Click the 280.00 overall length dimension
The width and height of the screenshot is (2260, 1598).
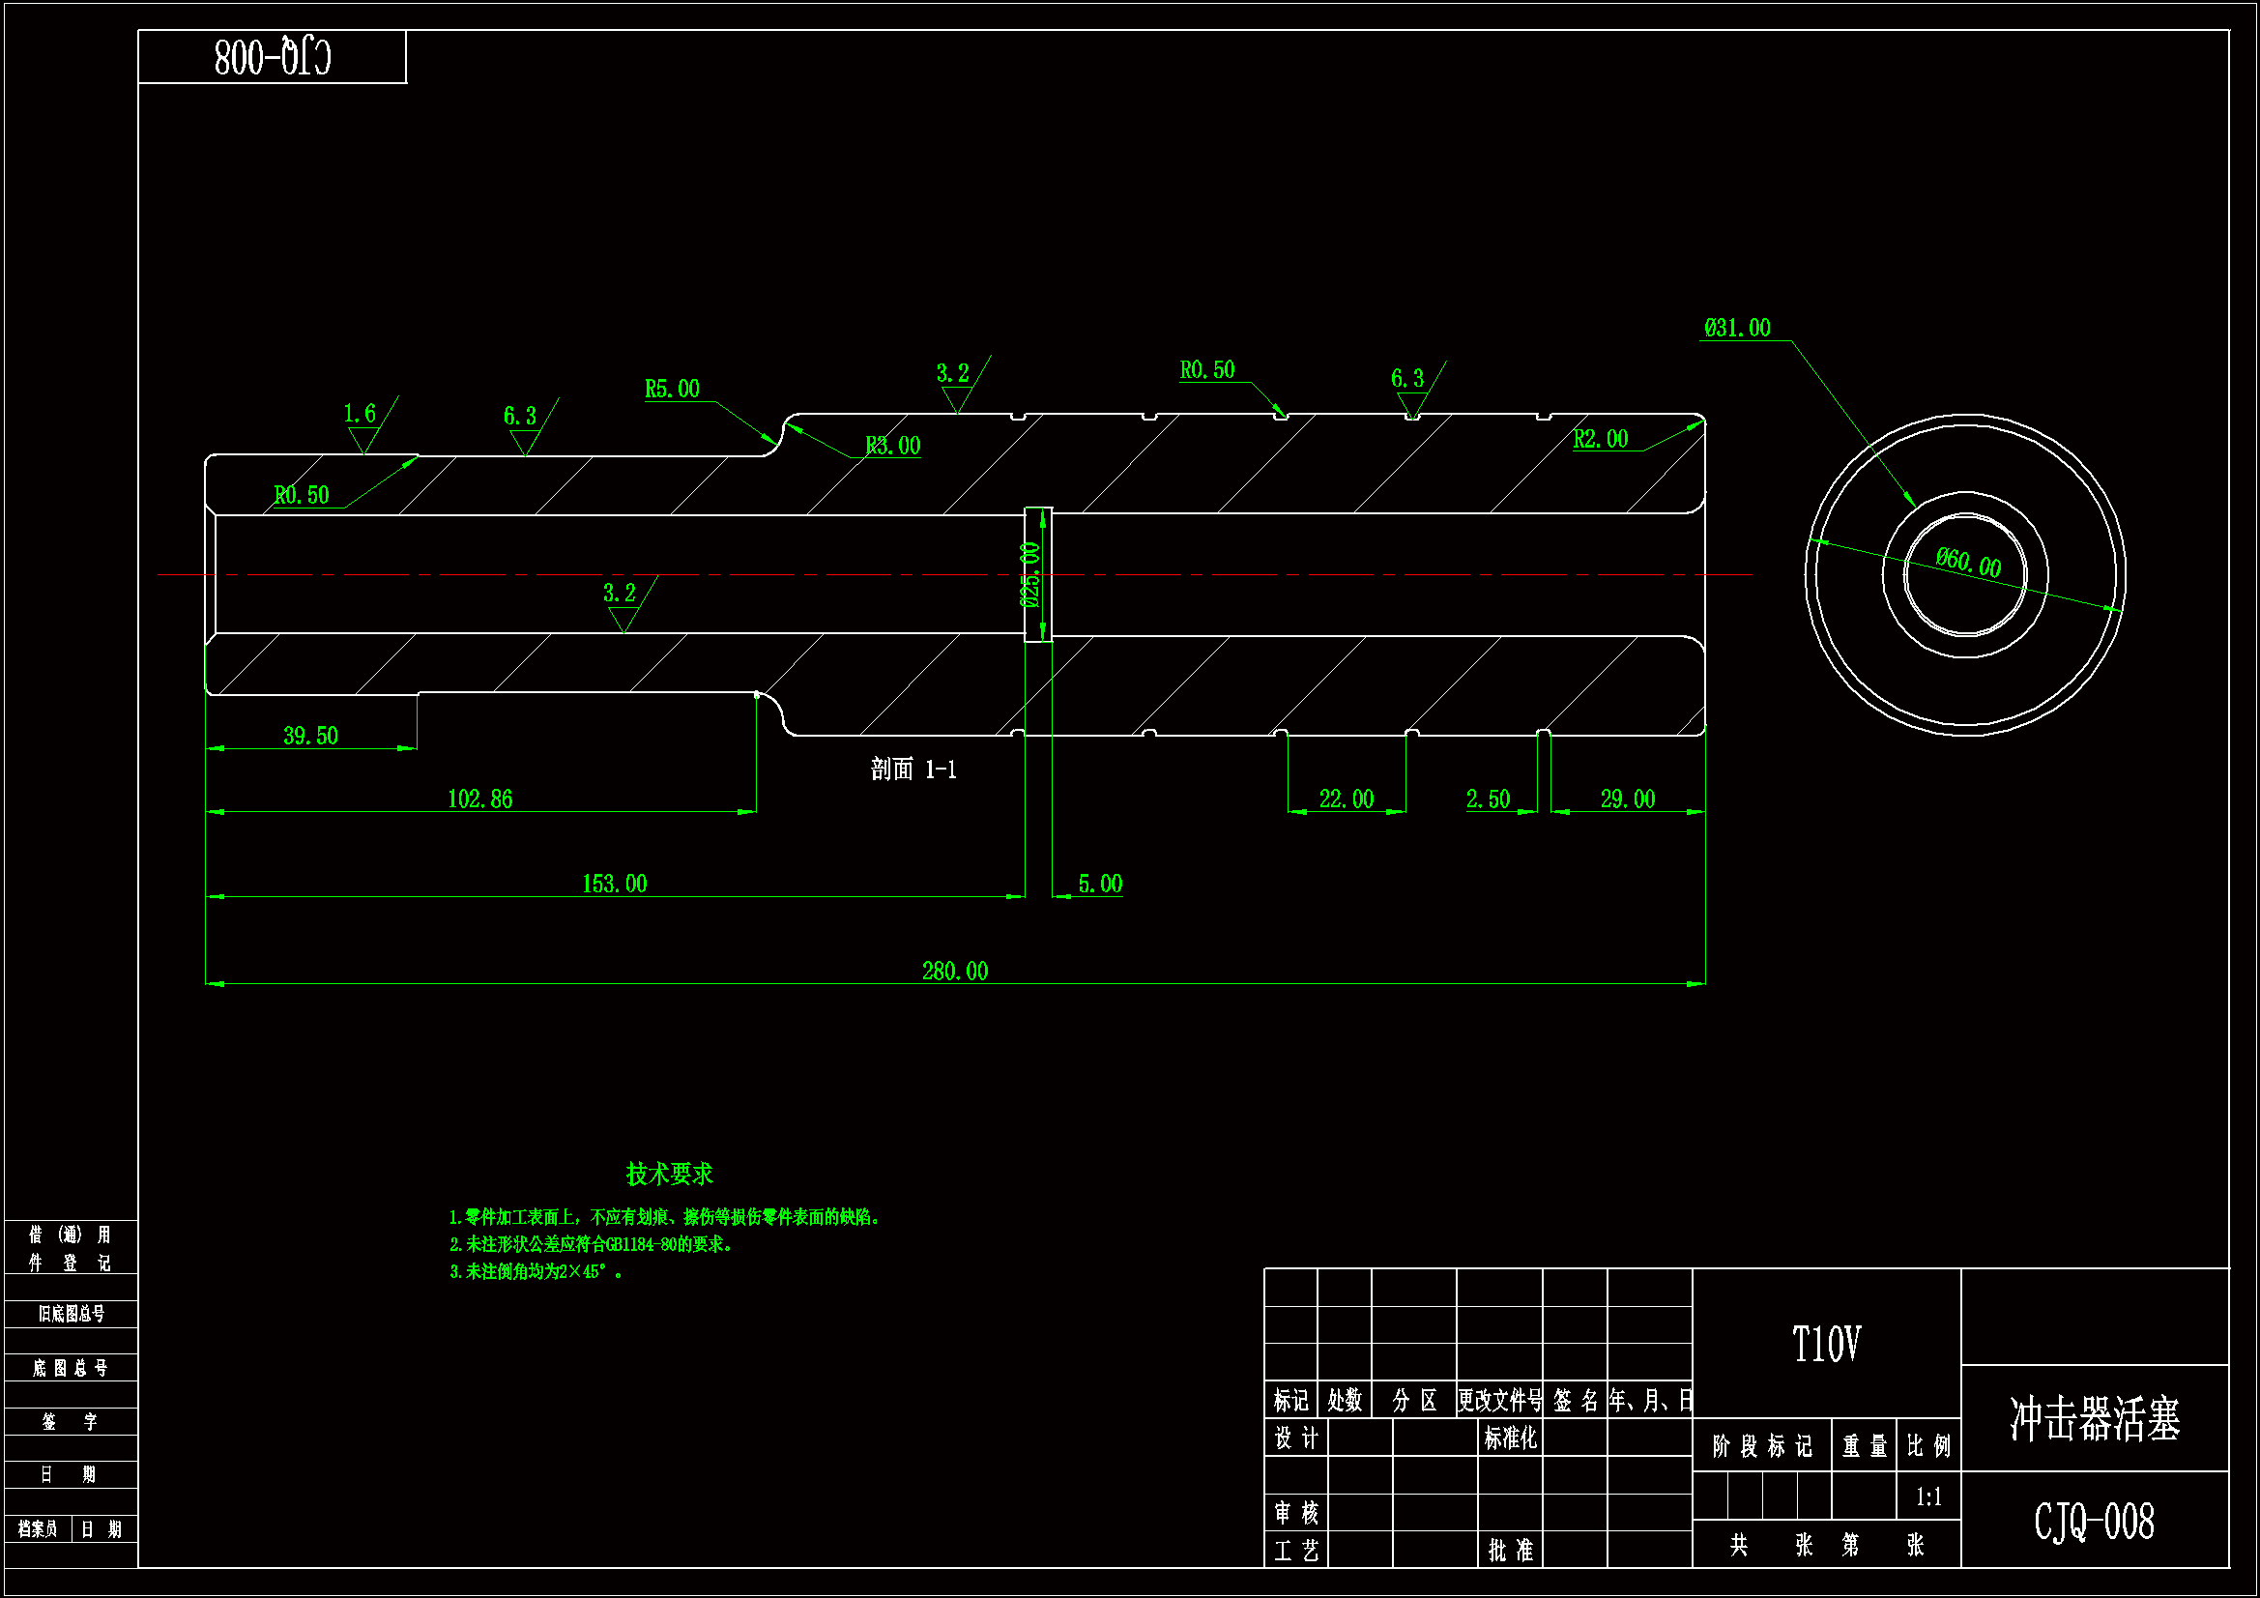pos(955,972)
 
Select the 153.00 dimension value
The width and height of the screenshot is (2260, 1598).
pos(614,885)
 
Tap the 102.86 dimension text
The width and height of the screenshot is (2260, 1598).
pos(480,799)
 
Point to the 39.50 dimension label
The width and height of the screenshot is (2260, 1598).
pos(310,737)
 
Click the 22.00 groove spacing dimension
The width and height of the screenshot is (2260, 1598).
pos(1346,799)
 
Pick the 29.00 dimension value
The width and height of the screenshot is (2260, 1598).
pos(1627,799)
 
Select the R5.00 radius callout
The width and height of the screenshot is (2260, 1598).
pos(672,389)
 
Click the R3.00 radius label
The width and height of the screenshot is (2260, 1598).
pos(893,446)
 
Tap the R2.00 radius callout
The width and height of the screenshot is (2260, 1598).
pos(1601,439)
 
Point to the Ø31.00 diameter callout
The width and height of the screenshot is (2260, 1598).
pos(1737,328)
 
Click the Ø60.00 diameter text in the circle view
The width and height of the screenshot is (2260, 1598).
pos(1968,564)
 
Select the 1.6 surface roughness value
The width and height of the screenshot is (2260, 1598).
pos(360,414)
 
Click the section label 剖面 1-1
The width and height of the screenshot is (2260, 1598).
pos(913,769)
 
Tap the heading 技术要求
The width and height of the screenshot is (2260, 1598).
pos(669,1175)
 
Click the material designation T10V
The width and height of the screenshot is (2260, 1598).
pos(1826,1345)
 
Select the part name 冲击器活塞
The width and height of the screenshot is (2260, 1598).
pos(2095,1420)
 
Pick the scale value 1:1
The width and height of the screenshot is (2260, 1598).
pos(1928,1497)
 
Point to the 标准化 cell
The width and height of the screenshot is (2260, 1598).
pos(1510,1438)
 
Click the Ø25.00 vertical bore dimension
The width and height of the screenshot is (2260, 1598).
pos(1030,575)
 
